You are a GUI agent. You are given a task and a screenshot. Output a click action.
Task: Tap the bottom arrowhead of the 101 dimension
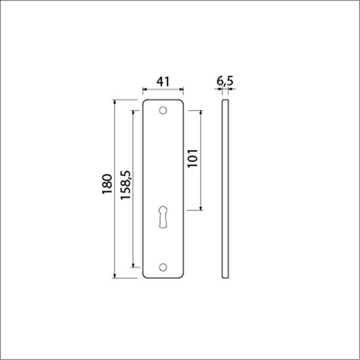[x=201, y=208]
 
